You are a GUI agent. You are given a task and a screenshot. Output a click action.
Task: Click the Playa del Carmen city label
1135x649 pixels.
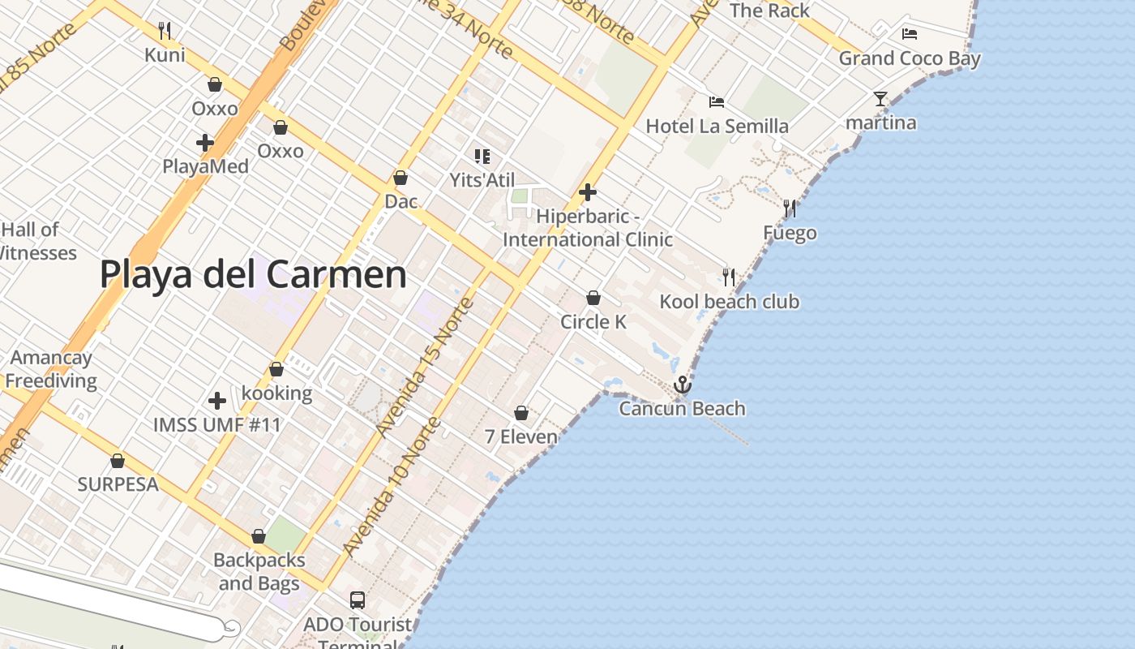253,274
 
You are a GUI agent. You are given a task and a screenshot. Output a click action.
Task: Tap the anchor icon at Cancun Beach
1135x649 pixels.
683,385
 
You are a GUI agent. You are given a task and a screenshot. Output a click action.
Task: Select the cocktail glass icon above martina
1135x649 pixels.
880,99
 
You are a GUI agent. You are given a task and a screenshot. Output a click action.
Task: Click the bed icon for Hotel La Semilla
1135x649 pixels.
717,102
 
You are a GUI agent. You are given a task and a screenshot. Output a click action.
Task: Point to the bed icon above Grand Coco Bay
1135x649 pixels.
910,34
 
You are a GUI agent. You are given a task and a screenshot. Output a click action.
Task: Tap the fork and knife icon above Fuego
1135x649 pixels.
790,208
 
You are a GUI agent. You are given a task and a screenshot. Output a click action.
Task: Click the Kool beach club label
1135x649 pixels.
729,302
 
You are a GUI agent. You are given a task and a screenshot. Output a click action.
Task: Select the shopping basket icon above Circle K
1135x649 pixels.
593,298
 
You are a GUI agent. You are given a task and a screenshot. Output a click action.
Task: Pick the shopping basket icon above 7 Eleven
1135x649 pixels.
521,413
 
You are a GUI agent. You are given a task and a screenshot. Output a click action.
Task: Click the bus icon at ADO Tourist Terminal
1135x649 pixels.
358,600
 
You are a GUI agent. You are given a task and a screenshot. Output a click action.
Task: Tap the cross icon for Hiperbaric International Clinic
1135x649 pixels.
588,192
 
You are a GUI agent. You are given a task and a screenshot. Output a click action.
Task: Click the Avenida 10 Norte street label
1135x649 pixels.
392,488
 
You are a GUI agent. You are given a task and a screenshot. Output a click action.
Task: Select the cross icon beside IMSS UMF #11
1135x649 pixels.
216,400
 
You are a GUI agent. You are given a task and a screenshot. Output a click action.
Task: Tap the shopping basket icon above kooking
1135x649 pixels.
276,369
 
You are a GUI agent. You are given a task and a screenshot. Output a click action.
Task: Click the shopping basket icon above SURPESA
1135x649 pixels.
118,461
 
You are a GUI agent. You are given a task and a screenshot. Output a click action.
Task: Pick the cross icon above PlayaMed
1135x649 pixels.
205,143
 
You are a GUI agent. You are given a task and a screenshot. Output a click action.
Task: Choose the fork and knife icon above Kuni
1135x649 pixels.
165,31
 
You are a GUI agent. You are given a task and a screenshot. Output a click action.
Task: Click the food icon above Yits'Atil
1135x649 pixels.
482,156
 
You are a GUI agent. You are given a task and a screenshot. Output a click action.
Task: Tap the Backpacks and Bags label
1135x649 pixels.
259,571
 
